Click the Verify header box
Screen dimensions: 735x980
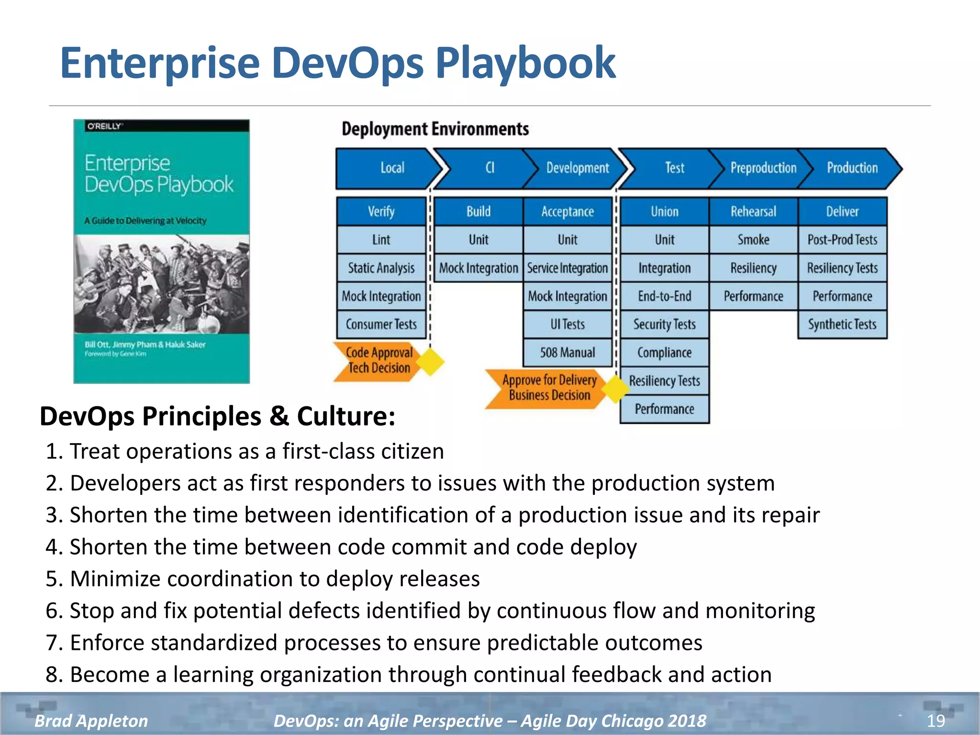381,212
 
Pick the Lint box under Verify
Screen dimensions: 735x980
381,240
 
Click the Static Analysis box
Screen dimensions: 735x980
381,268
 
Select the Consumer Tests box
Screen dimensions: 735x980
381,324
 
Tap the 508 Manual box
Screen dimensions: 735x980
568,353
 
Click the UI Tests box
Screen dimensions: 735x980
568,324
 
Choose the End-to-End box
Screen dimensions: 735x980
664,296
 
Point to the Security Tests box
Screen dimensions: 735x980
664,324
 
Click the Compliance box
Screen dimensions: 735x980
664,353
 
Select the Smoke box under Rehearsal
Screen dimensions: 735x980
753,240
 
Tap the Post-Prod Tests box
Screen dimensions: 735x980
842,240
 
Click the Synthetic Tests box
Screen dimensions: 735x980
842,324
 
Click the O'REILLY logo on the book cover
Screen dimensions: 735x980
105,126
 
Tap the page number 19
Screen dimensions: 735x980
935,721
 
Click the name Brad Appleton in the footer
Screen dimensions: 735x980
91,721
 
